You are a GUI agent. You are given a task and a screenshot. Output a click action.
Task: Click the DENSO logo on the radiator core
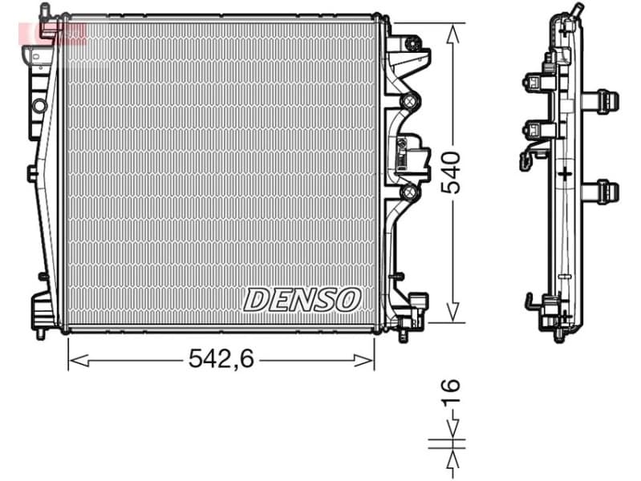pyautogui.click(x=302, y=299)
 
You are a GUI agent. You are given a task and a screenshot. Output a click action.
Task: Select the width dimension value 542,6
pyautogui.click(x=221, y=360)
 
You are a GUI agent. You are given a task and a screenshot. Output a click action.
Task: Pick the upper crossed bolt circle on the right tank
pyautogui.click(x=409, y=101)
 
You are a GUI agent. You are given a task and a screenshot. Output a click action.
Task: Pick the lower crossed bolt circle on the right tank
pyautogui.click(x=409, y=192)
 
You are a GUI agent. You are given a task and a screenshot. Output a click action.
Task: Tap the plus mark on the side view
pyautogui.click(x=565, y=172)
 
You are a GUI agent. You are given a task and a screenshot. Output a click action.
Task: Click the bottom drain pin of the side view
pyautogui.click(x=559, y=336)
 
